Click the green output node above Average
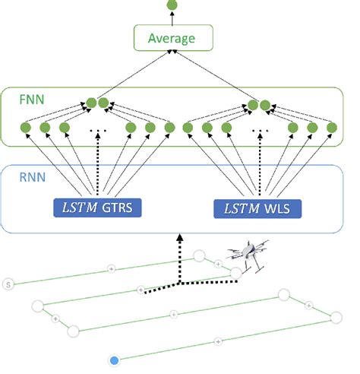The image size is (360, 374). (x=172, y=5)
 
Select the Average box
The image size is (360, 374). (x=172, y=39)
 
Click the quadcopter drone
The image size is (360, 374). (x=249, y=255)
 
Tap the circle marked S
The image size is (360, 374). (x=9, y=284)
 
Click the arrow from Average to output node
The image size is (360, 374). (x=172, y=18)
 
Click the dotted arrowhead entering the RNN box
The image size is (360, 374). (x=179, y=237)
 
